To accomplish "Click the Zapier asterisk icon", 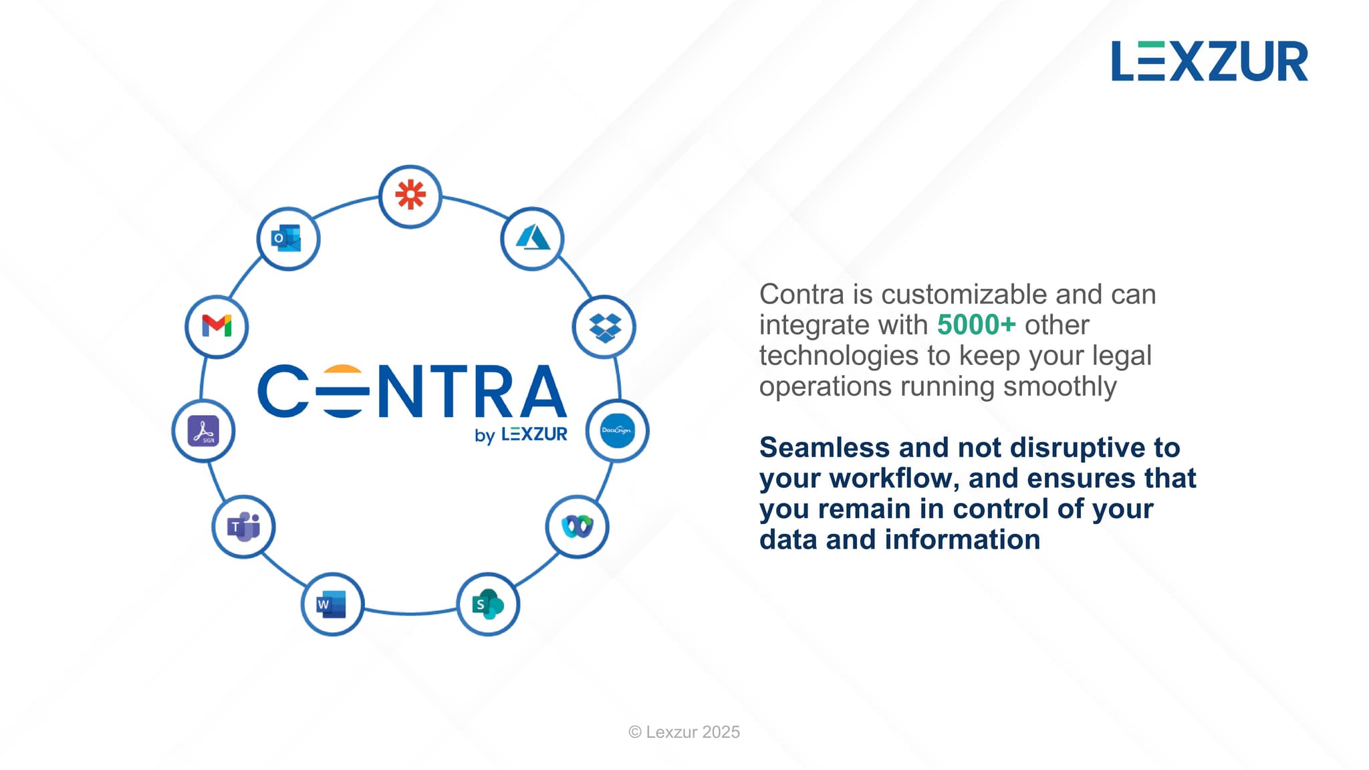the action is [410, 195].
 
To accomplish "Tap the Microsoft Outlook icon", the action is [287, 239].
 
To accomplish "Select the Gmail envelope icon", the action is [217, 326].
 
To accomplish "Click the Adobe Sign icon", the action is [203, 430].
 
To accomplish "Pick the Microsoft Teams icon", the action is [243, 527].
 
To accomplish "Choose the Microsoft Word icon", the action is [332, 604].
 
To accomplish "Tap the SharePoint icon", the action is [488, 604].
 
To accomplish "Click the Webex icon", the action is [578, 527].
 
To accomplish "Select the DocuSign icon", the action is [617, 430].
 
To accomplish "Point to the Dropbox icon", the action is [605, 328].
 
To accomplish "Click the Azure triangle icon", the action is [533, 238].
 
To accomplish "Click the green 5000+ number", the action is [976, 325].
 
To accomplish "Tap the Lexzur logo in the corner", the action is [1209, 61].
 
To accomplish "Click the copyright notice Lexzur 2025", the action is [684, 732].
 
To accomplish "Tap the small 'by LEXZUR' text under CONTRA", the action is [521, 434].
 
